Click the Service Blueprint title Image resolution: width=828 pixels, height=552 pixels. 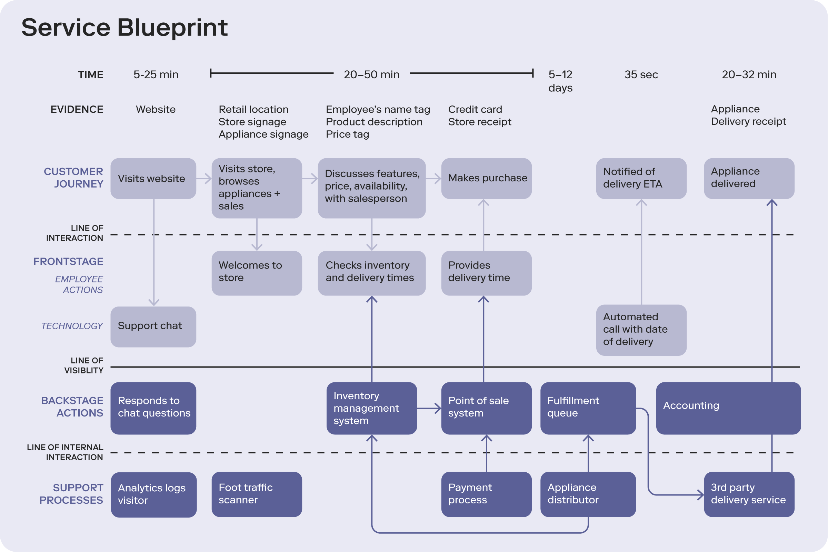point(124,28)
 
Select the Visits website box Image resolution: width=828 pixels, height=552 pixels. point(153,179)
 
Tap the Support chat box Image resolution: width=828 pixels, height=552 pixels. point(153,327)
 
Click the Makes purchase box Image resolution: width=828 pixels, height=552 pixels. point(486,179)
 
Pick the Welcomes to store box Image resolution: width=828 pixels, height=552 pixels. point(257,273)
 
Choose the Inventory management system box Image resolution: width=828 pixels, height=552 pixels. point(371,408)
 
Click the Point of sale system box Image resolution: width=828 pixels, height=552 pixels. point(486,408)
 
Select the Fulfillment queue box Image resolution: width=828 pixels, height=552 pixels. point(588,408)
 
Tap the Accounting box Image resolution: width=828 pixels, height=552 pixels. point(728,408)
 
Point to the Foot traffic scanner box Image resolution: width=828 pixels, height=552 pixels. point(257,494)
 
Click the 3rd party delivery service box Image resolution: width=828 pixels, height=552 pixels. point(749,494)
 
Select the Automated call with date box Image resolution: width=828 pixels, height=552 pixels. point(641,330)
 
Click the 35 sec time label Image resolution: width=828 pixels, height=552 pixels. point(641,74)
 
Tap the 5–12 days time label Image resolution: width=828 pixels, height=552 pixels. point(560,81)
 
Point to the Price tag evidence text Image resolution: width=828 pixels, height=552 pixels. point(347,134)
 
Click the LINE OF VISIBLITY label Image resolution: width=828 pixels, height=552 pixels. point(84,365)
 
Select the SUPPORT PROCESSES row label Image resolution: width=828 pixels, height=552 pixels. point(71,494)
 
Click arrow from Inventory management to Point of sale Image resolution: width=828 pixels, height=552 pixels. point(429,408)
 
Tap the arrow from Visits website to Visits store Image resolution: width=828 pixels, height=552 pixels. point(204,179)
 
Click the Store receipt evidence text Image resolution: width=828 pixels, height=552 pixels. point(479,122)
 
